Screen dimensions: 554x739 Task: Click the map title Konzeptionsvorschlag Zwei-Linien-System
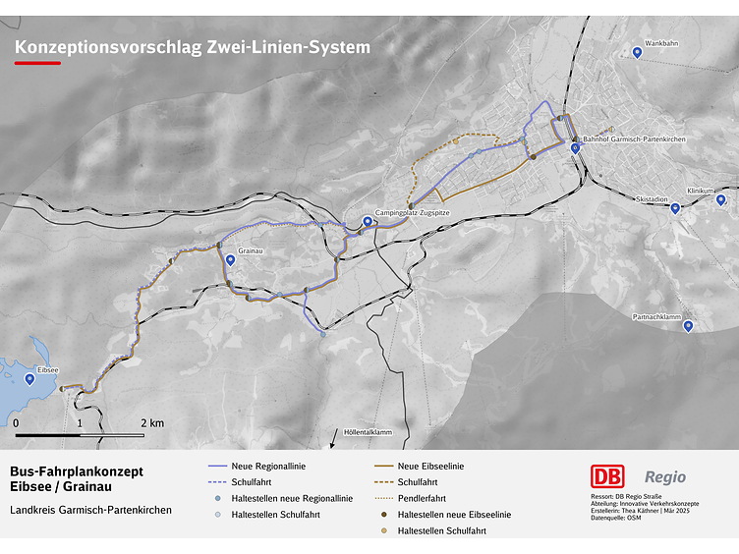click(x=193, y=46)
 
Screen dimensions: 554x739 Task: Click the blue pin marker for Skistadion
click(x=675, y=208)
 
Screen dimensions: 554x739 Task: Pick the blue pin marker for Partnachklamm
click(x=688, y=326)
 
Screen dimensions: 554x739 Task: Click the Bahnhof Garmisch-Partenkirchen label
click(x=634, y=140)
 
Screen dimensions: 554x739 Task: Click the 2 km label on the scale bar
click(x=151, y=422)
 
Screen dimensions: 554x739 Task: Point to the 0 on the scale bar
click(x=16, y=422)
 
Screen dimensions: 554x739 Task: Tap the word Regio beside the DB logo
click(x=665, y=477)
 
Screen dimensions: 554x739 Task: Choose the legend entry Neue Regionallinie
click(x=264, y=466)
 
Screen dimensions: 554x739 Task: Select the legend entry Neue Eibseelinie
click(x=430, y=466)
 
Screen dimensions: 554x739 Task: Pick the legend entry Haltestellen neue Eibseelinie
click(x=454, y=515)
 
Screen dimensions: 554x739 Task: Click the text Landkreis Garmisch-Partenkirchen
click(x=90, y=510)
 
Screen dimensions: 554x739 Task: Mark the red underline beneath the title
click(x=37, y=63)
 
